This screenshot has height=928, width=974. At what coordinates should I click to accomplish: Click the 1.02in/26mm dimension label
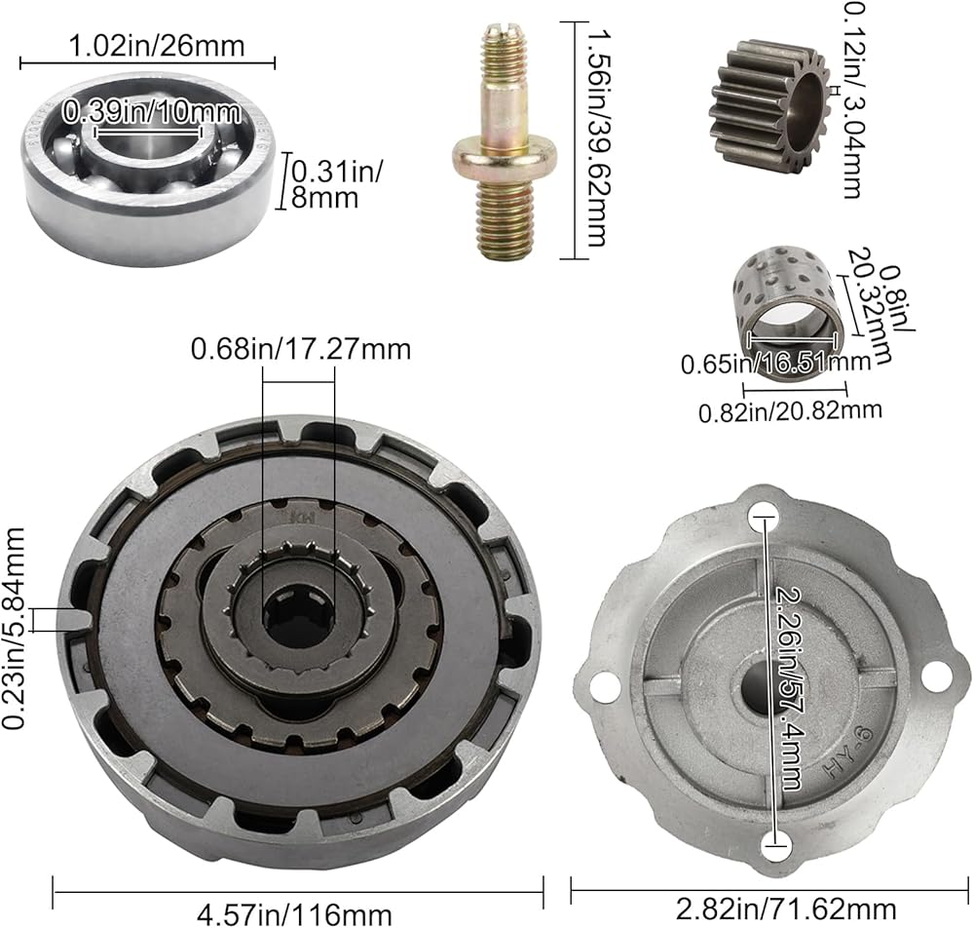pos(155,46)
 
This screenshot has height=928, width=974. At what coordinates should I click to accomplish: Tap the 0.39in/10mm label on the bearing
pos(151,112)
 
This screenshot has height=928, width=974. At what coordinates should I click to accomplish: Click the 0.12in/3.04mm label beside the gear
pos(851,100)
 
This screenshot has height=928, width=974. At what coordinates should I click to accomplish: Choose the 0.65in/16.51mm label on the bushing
pos(775,362)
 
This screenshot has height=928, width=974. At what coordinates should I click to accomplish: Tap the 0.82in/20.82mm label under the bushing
pos(790,410)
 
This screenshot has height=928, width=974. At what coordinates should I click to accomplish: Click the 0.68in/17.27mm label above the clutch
pos(301,349)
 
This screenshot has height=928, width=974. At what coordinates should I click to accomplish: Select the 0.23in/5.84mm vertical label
pos(14,628)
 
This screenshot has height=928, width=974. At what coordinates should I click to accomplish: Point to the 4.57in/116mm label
pos(294,914)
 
